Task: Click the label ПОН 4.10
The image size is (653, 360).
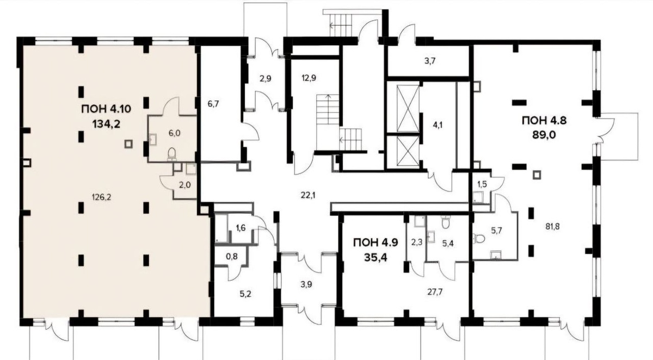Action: click(x=107, y=109)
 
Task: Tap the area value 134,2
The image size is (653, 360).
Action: click(x=107, y=125)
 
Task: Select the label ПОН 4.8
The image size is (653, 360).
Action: click(x=544, y=120)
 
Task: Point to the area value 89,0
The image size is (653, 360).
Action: click(x=544, y=136)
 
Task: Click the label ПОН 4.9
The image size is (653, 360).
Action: click(x=375, y=243)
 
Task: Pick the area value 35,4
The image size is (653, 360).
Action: click(x=375, y=258)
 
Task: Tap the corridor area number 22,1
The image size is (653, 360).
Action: click(x=308, y=195)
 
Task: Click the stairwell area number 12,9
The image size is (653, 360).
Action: click(x=309, y=78)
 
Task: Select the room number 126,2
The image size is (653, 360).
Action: click(x=102, y=197)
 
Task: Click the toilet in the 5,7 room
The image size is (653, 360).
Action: click(x=479, y=239)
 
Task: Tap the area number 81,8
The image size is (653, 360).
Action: click(x=552, y=226)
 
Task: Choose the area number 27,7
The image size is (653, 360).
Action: click(x=435, y=292)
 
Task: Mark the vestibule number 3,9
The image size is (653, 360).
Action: click(x=306, y=284)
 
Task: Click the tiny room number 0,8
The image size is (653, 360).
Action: click(x=232, y=257)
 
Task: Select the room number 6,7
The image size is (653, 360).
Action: click(x=213, y=104)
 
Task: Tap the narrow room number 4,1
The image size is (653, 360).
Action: click(x=438, y=126)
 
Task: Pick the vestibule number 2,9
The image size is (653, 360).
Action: click(x=266, y=78)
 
